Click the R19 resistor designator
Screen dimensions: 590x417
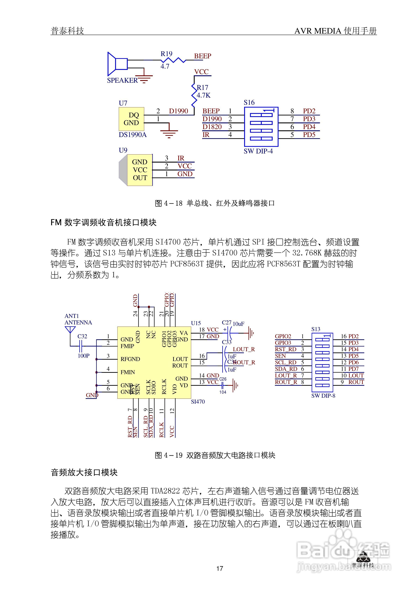[x=166, y=54]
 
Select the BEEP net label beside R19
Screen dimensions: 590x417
[x=203, y=56]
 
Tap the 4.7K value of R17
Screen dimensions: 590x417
[x=203, y=95]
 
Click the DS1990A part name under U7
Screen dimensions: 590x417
[x=132, y=135]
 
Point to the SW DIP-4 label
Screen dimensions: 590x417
[x=258, y=151]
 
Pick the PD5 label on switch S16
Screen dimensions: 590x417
[x=309, y=135]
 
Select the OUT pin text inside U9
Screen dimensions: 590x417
[x=140, y=178]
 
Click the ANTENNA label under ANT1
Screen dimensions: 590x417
[x=78, y=323]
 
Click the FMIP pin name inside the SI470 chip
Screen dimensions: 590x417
[x=127, y=346]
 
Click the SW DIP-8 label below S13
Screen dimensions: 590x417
[x=323, y=396]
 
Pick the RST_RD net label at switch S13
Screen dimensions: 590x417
[x=285, y=349]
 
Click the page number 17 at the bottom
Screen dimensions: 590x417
[x=220, y=568]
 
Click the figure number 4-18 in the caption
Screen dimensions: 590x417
[x=173, y=203]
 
